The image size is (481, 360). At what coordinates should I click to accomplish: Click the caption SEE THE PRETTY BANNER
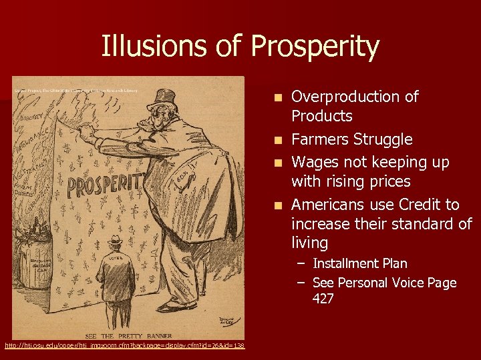point(128,335)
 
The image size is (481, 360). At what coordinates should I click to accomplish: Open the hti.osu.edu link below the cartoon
point(125,345)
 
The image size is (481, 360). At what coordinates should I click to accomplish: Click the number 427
point(323,299)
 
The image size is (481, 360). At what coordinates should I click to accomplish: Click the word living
point(309,242)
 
